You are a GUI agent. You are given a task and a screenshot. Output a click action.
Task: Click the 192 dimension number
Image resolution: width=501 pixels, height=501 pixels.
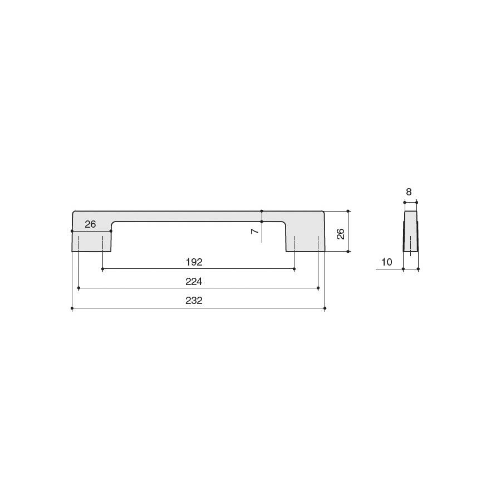[194, 262]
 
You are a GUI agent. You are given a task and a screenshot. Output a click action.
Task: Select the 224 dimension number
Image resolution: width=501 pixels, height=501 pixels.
[194, 282]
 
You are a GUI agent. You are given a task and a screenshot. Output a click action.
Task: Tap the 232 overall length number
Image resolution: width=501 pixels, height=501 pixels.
[194, 301]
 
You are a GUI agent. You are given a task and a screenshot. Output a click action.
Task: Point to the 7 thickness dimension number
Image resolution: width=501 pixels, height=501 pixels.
[255, 230]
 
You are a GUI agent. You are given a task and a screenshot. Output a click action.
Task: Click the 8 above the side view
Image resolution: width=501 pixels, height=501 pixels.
[409, 191]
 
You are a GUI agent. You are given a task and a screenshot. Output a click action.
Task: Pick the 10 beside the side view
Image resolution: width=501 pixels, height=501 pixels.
[387, 262]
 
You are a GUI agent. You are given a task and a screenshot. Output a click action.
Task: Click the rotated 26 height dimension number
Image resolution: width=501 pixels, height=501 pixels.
[341, 234]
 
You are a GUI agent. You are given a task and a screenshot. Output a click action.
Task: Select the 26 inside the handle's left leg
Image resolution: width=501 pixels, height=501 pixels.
[90, 224]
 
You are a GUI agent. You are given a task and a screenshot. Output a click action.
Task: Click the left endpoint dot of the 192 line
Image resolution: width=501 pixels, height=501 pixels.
[102, 269]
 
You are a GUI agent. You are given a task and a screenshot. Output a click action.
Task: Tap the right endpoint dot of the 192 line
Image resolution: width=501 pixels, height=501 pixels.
[294, 269]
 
